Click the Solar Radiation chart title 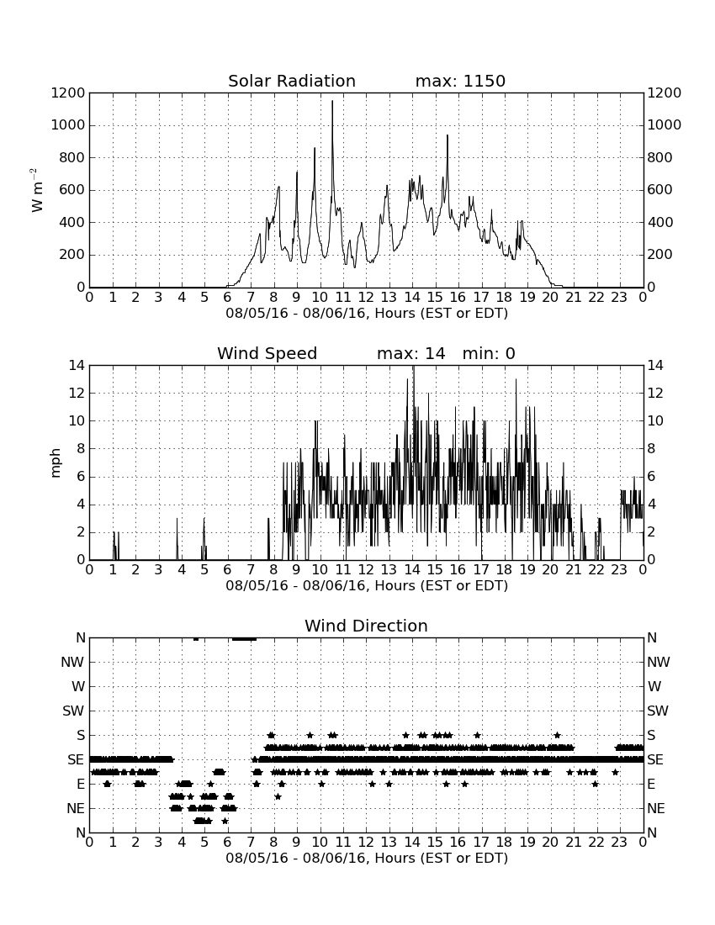click(291, 81)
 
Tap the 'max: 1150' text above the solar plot click(460, 81)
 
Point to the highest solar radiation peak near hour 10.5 click(332, 102)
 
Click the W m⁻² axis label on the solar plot click(36, 190)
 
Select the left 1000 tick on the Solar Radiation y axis click(68, 125)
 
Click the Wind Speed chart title click(267, 353)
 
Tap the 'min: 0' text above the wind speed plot click(489, 353)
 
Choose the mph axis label click(56, 463)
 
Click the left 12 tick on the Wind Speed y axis click(77, 393)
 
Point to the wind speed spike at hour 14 click(414, 367)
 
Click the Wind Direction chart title click(366, 626)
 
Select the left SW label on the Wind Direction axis click(74, 711)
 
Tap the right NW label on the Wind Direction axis click(659, 663)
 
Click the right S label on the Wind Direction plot click(651, 735)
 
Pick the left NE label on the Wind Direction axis click(76, 808)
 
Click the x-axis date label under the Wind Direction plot click(367, 858)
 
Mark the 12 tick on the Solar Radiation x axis click(366, 298)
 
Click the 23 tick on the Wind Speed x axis click(619, 570)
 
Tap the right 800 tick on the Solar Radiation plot click(659, 157)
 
